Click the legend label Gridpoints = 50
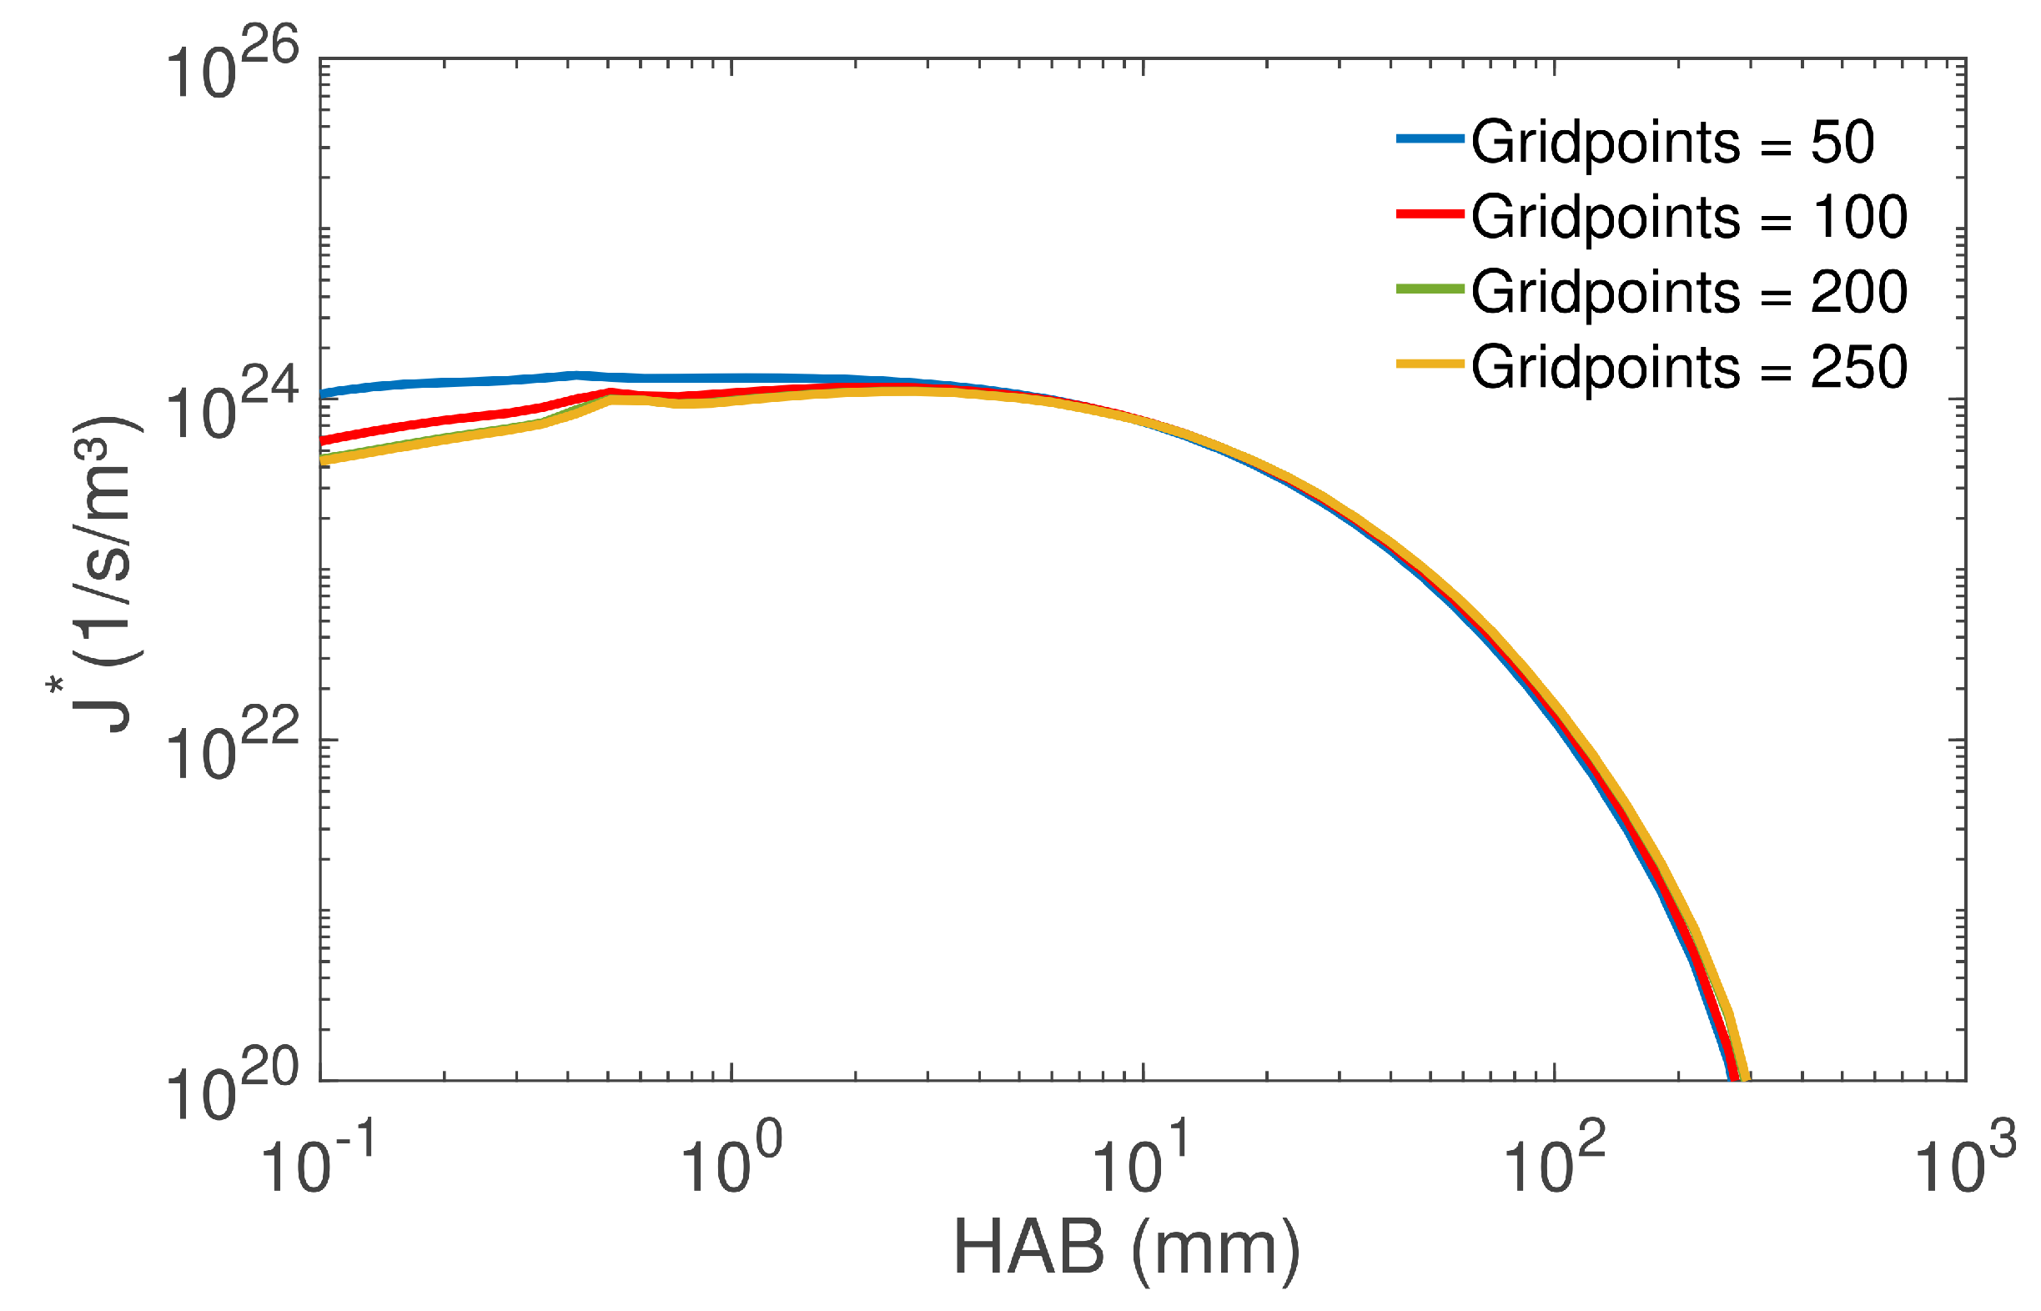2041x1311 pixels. pos(1672,141)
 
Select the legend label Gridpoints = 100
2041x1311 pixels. pos(1687,216)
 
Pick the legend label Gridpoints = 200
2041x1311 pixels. pos(1687,292)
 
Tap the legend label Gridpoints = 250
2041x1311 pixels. pos(1687,367)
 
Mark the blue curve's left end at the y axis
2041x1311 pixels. pos(324,394)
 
